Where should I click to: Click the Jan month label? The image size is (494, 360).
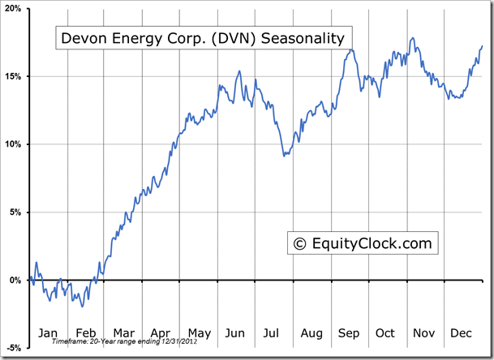coord(48,332)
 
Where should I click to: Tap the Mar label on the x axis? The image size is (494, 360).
coord(124,332)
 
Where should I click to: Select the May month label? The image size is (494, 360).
coord(199,332)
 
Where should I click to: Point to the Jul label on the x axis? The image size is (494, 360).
coord(273,332)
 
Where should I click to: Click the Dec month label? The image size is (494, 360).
coord(462,332)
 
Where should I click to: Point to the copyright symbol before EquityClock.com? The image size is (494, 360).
coord(299,242)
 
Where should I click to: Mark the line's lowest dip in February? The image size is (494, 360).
coord(81,306)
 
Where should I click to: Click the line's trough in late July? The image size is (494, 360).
coord(284,155)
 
